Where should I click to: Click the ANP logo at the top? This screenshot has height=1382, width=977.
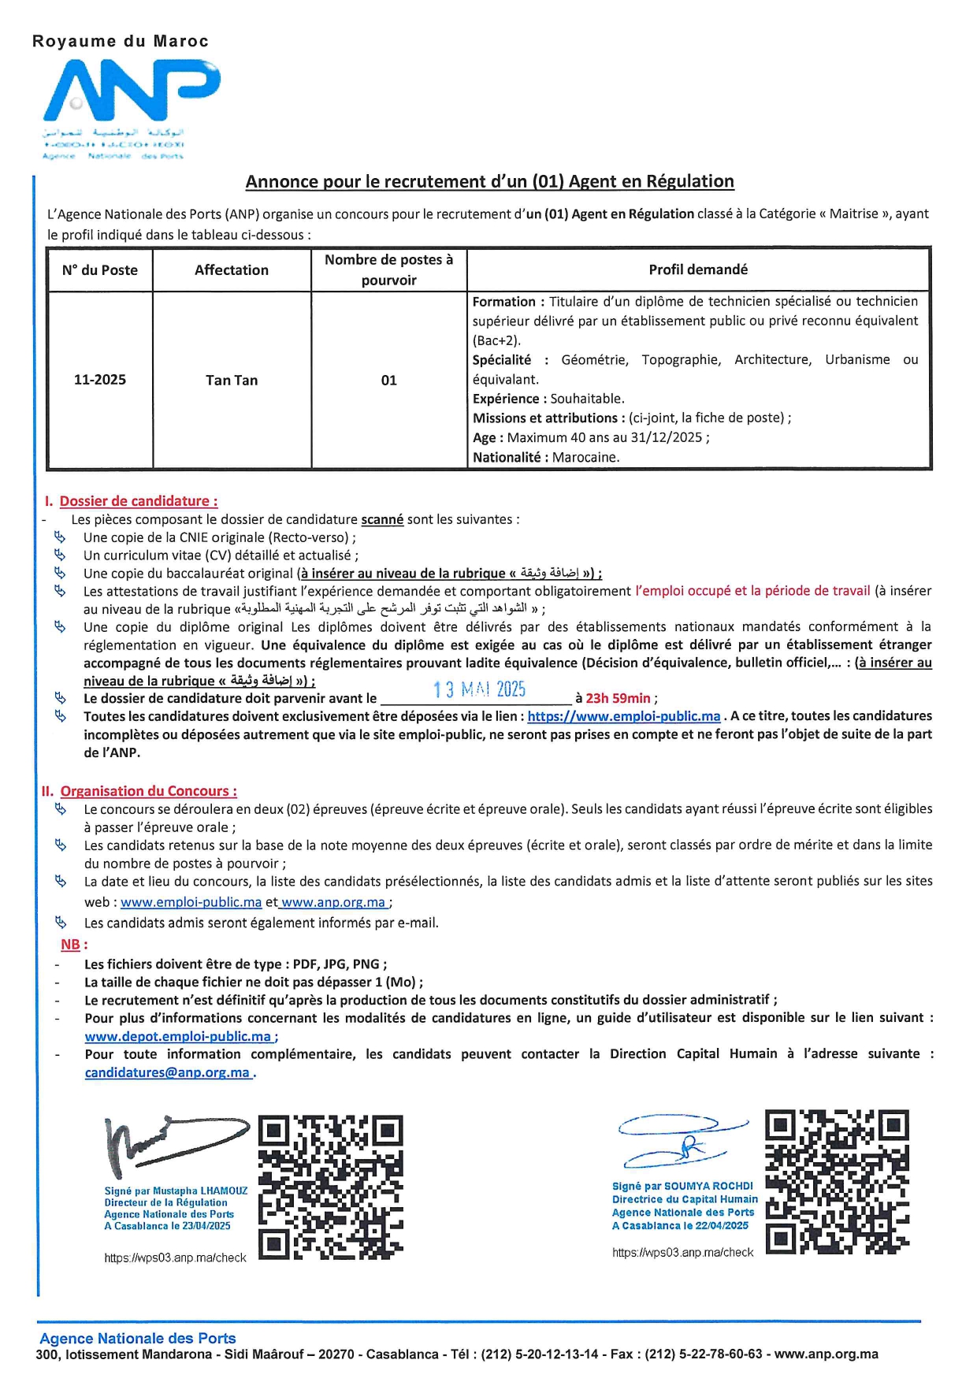coord(131,94)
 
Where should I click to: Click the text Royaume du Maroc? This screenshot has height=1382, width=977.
coord(120,42)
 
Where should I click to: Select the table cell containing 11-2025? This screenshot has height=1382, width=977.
coord(100,380)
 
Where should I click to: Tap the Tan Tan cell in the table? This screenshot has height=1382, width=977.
coord(232,380)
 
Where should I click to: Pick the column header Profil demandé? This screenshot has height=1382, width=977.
coord(698,269)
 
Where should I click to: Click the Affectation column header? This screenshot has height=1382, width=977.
coord(232,270)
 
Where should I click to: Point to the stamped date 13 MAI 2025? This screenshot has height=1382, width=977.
coord(479,689)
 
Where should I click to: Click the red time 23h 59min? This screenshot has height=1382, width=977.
coord(618,698)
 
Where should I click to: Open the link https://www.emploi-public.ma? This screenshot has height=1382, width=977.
coord(623,716)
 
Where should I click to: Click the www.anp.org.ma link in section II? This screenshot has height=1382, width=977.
coord(334,902)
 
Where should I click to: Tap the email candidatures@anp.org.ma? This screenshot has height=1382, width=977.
coord(168,1072)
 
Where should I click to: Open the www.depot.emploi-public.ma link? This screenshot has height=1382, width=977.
coord(178,1036)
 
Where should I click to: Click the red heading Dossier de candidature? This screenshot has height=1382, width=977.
coord(138,501)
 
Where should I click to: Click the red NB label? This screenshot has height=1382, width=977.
coord(71,944)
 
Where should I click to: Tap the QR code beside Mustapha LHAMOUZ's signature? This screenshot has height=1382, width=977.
coord(331,1187)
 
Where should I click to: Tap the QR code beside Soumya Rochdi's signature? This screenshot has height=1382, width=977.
coord(837,1181)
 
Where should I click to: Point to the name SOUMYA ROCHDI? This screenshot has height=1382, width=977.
coord(708,1186)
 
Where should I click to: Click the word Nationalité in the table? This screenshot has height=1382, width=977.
coord(506,457)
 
